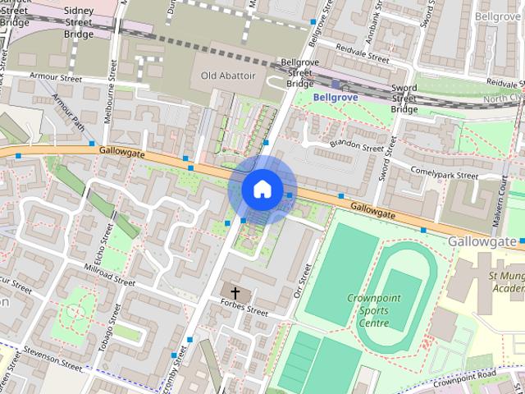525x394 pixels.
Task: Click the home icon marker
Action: pos(262,189)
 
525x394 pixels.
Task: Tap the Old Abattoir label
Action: pos(228,76)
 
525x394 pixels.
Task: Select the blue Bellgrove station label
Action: pos(336,97)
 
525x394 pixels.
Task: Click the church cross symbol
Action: pos(235,292)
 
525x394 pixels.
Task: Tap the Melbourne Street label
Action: pos(110,105)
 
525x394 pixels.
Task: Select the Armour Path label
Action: pos(69,112)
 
